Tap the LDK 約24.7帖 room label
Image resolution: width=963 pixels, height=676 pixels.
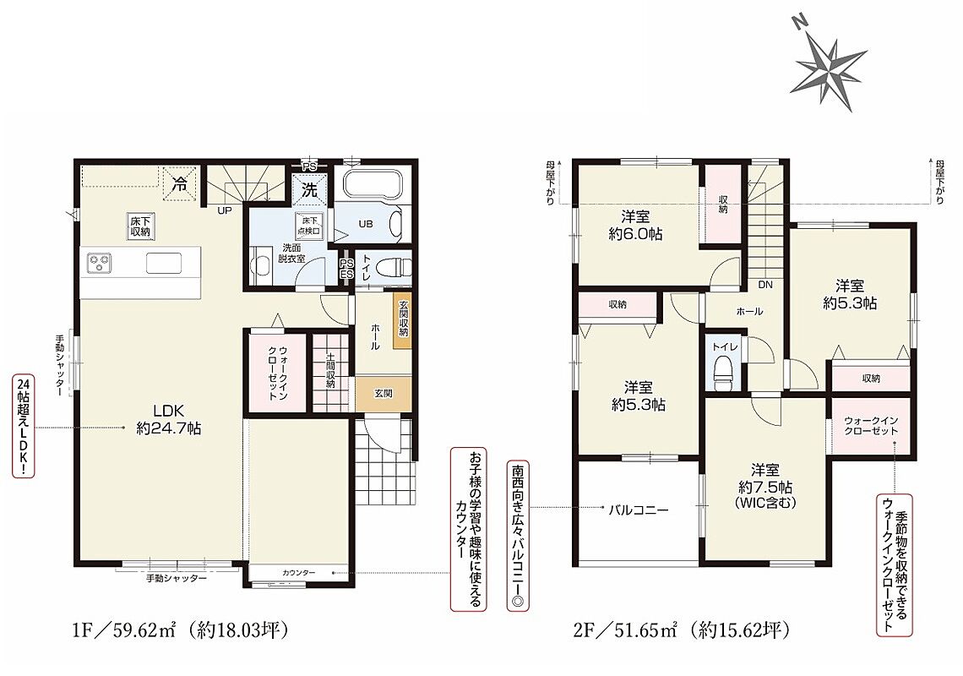pos(169,419)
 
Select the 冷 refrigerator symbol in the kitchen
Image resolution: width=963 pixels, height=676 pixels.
pos(180,183)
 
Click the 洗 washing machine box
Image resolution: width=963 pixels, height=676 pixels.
pos(309,189)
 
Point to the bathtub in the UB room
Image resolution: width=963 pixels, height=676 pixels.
pos(373,183)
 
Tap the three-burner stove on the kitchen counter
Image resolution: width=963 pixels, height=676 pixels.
pos(99,264)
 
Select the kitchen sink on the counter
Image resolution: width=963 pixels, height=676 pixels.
pos(163,264)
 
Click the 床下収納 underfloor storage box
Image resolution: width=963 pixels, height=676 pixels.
pos(140,226)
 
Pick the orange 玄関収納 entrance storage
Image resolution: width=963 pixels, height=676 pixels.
pos(402,319)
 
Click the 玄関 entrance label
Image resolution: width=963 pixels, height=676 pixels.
pos(384,393)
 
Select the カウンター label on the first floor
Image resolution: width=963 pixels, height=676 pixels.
pos(298,573)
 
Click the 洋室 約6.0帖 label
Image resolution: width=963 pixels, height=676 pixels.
pos(634,225)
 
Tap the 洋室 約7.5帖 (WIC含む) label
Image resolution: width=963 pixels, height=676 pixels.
pos(764,487)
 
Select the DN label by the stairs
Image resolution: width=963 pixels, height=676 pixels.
pos(764,285)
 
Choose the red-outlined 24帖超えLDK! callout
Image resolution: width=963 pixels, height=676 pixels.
pos(23,426)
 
